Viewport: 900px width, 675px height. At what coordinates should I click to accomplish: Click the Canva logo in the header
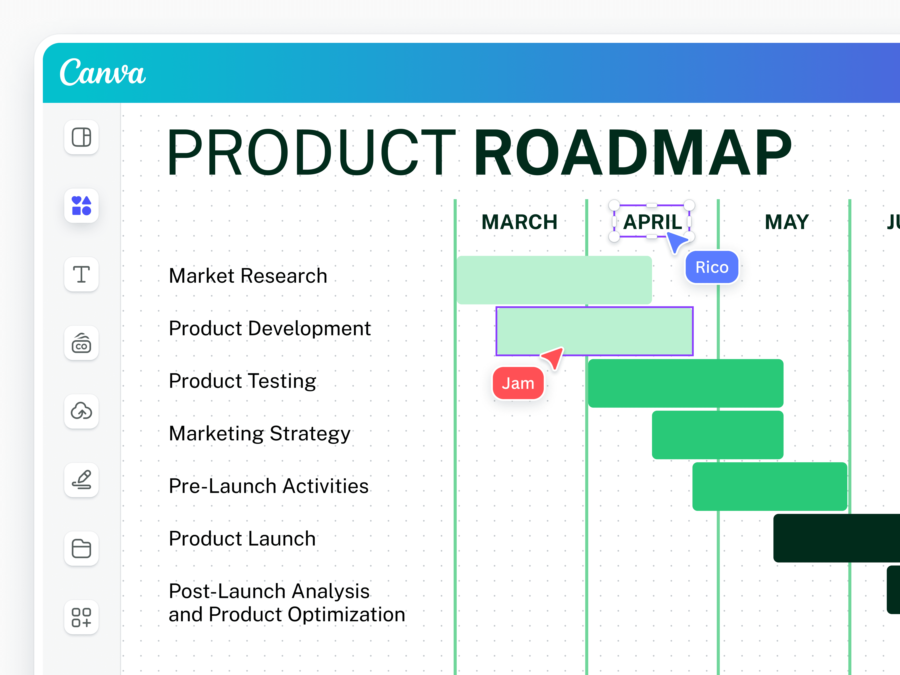coord(102,72)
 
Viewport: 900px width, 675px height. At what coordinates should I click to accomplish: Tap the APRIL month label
coord(652,222)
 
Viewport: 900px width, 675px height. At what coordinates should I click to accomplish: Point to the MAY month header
coord(786,222)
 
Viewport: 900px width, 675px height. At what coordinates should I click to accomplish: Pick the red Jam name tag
coord(518,383)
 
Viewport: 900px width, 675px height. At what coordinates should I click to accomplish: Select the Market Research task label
coord(248,276)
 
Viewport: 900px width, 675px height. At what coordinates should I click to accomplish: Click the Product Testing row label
coord(242,381)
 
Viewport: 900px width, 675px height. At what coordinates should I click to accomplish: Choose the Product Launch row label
coord(242,539)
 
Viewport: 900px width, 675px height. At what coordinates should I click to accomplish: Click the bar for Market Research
coord(554,280)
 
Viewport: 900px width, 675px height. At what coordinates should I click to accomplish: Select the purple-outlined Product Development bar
coord(594,331)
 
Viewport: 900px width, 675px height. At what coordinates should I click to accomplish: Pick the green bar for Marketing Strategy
coord(717,435)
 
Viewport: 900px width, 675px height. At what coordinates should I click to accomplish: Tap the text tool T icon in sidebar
coord(81,274)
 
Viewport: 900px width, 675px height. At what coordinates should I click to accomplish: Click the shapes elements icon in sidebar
coord(81,206)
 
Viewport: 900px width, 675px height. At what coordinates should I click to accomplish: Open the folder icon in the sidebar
coord(81,548)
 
